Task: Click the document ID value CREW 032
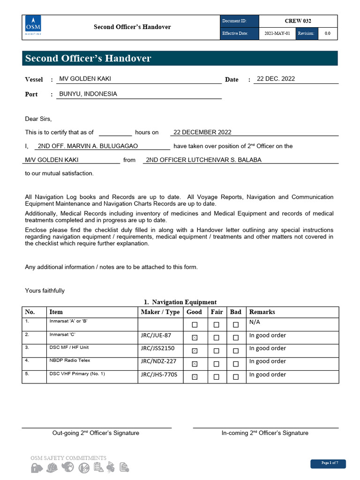tap(298, 21)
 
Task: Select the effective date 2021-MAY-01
tap(277, 34)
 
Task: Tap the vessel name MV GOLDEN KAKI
tap(85, 79)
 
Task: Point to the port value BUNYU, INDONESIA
tap(88, 94)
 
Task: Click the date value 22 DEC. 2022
tap(276, 79)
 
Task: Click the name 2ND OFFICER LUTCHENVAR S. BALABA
tap(203, 160)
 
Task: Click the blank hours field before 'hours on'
tap(115, 132)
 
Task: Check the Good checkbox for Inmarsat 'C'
tap(195, 337)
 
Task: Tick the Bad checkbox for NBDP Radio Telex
tap(236, 364)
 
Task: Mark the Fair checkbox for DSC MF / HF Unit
tap(216, 351)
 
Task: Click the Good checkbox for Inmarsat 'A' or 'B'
tap(195, 324)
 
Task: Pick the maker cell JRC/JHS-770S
tap(159, 375)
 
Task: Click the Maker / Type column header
tap(160, 312)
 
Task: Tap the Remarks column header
tap(262, 312)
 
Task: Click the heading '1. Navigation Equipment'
tap(180, 302)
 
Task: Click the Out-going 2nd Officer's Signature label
tap(96, 433)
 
